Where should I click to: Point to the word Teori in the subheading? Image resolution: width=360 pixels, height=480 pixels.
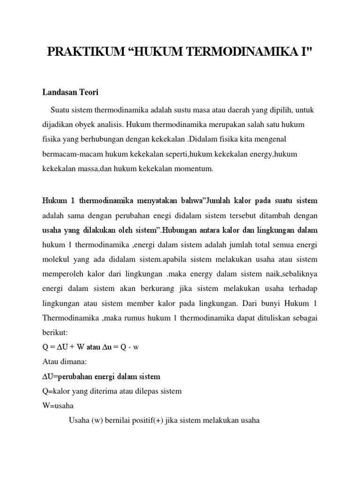pos(89,93)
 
